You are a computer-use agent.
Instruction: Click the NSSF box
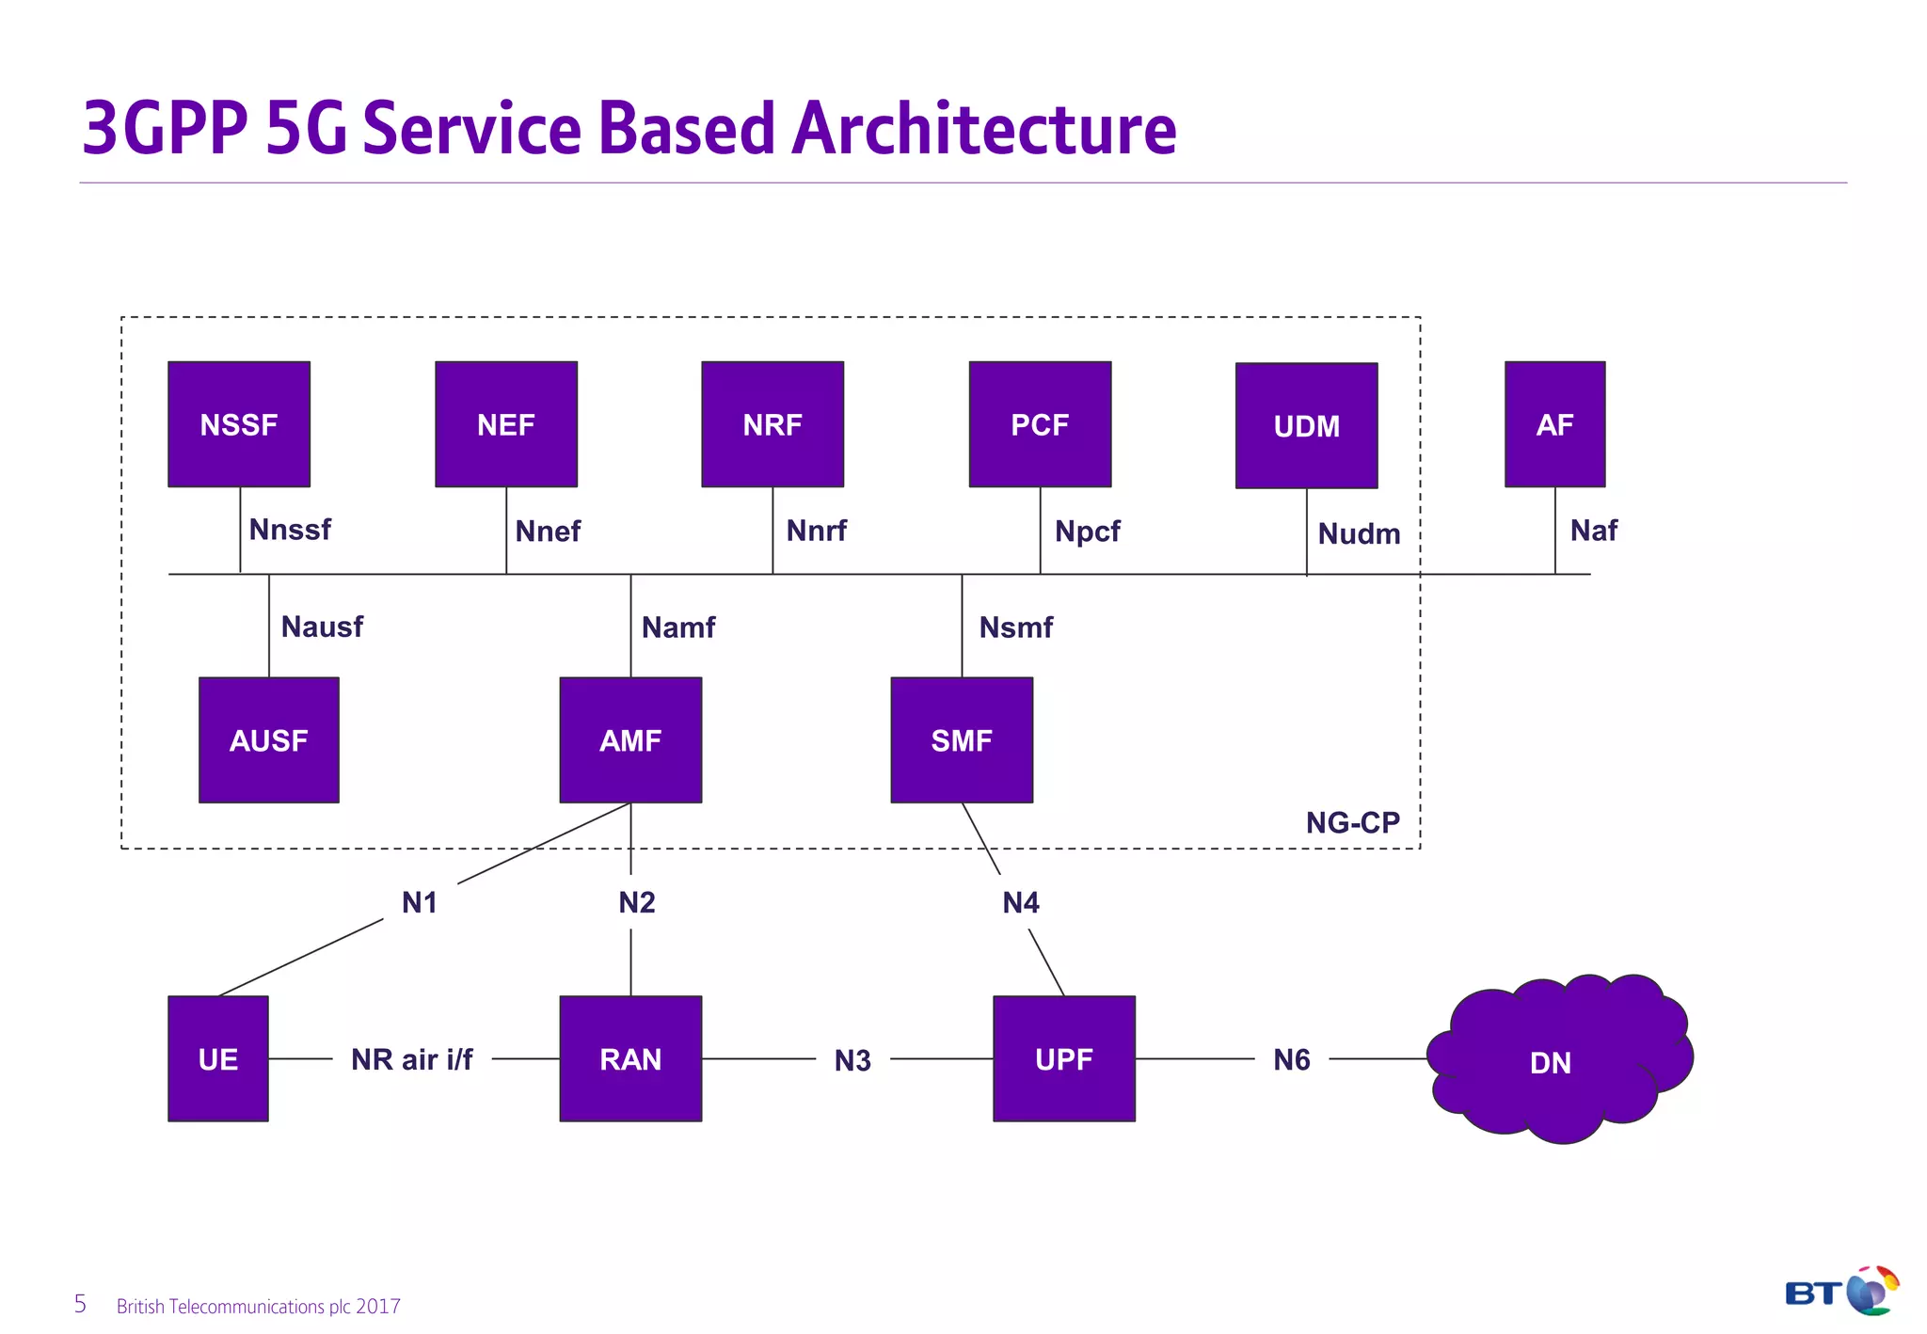239,424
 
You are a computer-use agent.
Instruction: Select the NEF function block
506,424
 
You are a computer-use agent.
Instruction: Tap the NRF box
772,424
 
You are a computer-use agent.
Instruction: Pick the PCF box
1040,424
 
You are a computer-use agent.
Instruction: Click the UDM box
1306,426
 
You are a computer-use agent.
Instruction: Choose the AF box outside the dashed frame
1554,424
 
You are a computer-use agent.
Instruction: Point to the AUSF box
269,740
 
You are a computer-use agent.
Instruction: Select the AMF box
630,740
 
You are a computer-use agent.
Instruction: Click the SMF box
962,740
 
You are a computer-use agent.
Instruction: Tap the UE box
218,1058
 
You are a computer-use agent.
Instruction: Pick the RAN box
630,1058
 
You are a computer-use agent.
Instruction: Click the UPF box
1064,1058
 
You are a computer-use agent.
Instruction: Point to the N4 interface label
1021,903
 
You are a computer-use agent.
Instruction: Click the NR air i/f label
412,1059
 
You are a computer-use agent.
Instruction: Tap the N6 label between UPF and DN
1292,1060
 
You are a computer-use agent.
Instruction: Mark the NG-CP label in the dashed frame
1352,823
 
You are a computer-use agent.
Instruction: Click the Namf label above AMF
678,627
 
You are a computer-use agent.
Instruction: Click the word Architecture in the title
983,129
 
